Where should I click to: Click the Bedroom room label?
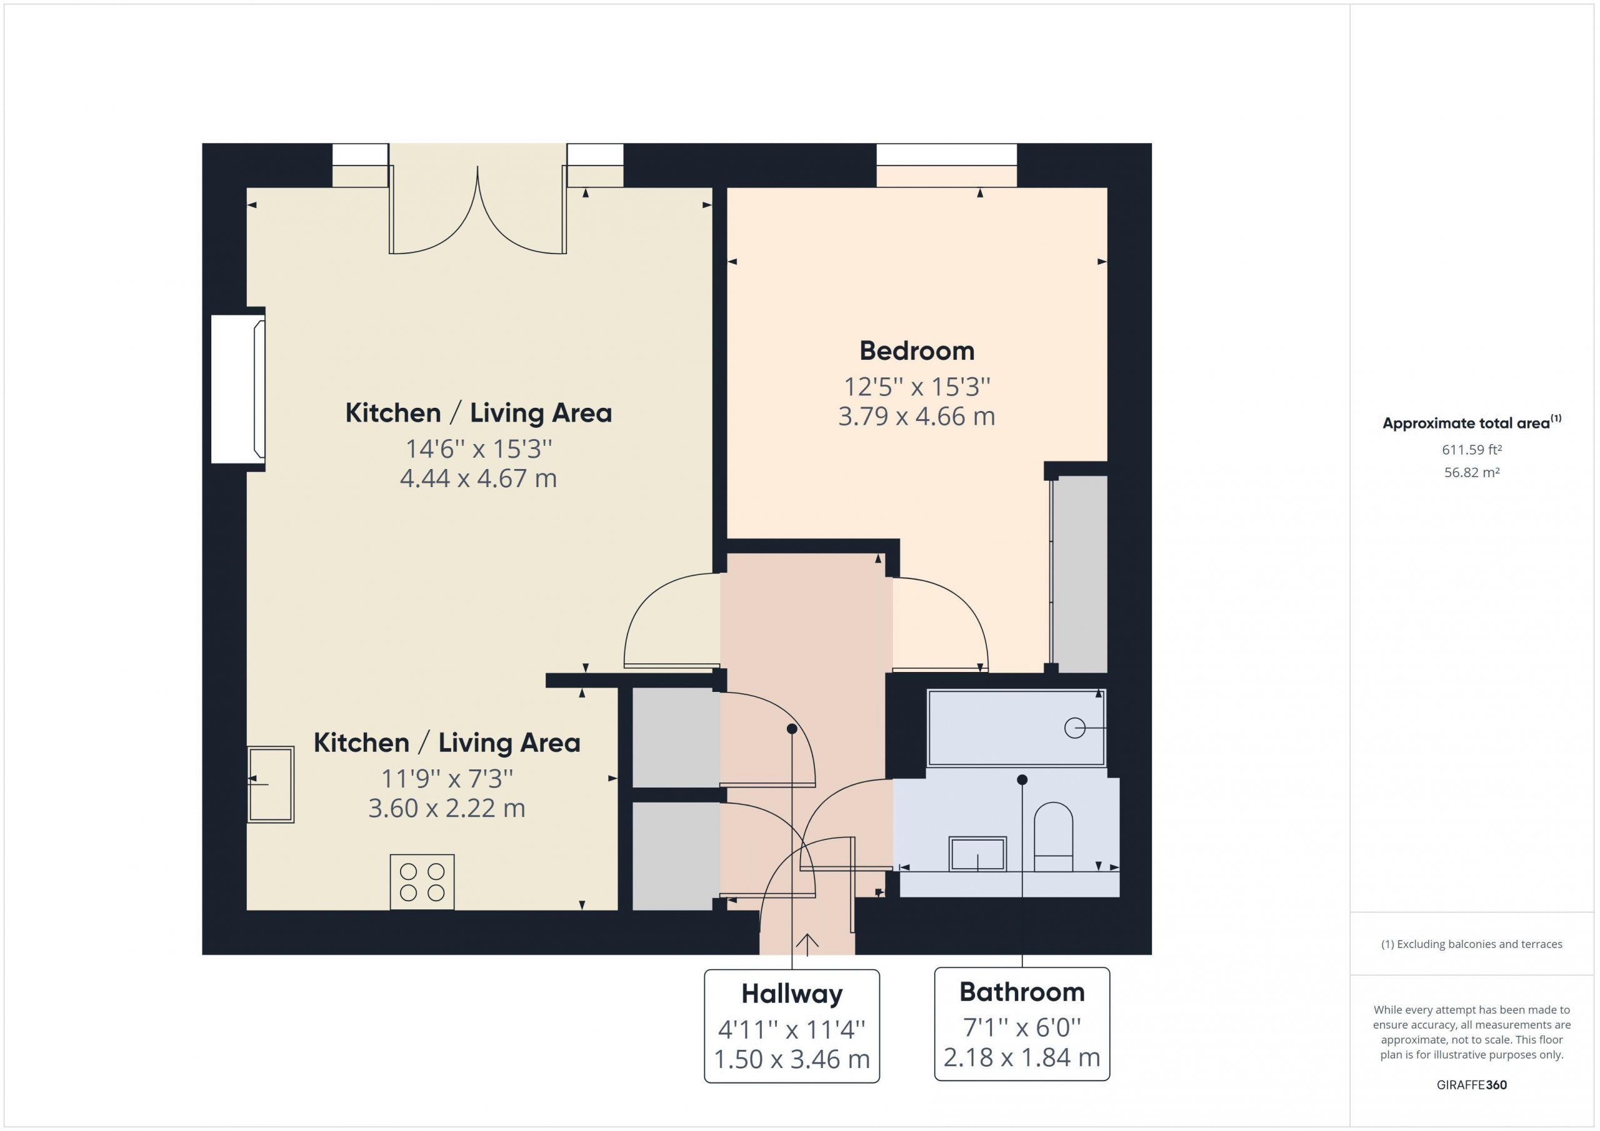(x=916, y=351)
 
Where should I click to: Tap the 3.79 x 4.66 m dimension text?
(x=916, y=417)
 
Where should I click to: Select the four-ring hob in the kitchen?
(x=422, y=882)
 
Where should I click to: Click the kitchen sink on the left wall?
(x=271, y=784)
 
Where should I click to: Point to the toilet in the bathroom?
(x=1053, y=836)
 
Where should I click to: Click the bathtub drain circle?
(x=1074, y=728)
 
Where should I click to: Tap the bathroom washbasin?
(x=977, y=854)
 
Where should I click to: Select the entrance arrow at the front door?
(x=807, y=944)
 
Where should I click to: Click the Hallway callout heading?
(x=792, y=994)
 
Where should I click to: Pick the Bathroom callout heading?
(x=1022, y=992)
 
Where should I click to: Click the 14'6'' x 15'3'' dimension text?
(x=479, y=449)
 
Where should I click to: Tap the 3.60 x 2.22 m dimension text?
(x=447, y=809)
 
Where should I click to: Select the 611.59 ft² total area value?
(x=1472, y=450)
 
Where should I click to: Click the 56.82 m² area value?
(x=1472, y=472)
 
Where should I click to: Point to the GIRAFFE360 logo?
(x=1472, y=1084)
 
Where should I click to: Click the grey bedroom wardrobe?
(x=1079, y=575)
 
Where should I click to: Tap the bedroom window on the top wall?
(x=946, y=165)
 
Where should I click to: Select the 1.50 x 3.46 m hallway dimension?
(x=792, y=1060)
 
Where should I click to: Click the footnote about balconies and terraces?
(x=1472, y=944)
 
